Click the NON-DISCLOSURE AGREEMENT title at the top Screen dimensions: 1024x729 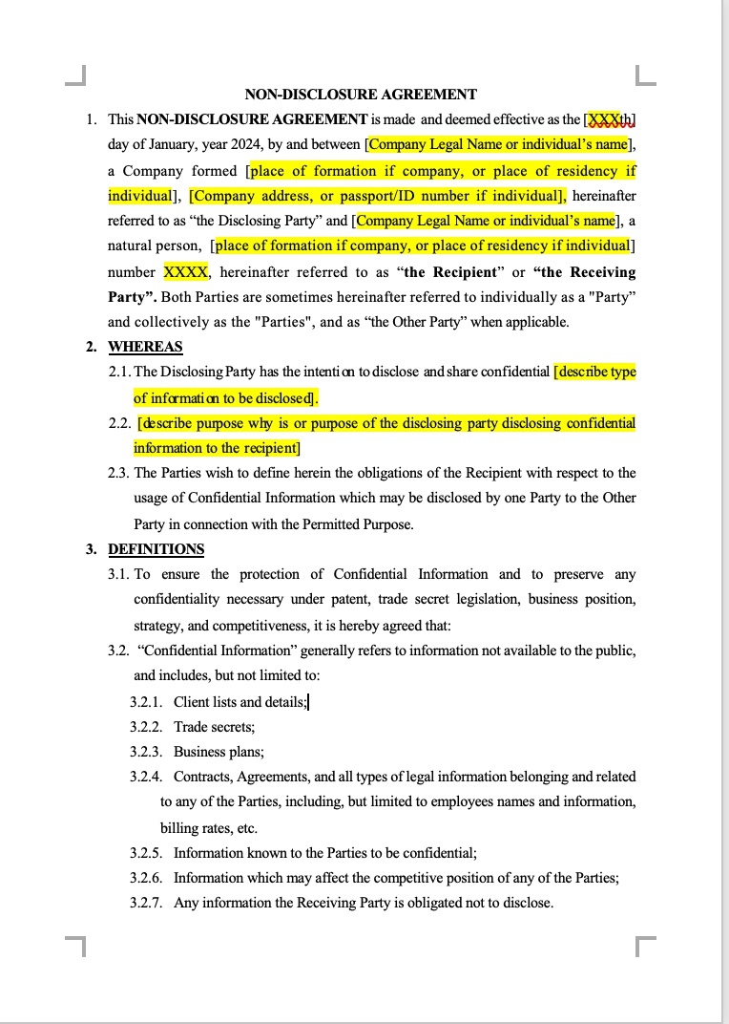coord(361,95)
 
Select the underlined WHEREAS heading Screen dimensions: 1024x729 coord(145,347)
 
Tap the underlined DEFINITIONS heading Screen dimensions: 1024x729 coord(156,549)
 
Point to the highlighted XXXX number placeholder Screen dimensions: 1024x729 coord(186,271)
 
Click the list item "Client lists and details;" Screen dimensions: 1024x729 coord(240,702)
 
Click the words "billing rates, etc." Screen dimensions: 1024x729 coord(208,828)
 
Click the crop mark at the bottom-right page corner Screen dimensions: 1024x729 coord(645,946)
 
